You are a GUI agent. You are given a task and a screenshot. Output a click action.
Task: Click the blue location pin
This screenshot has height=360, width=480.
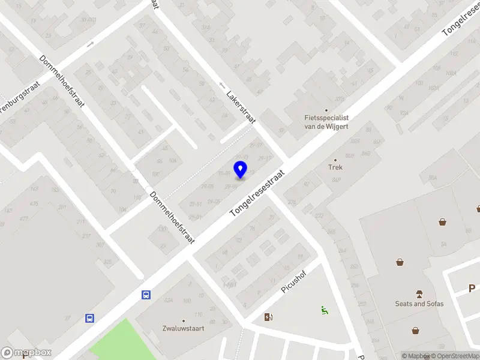pos(240,170)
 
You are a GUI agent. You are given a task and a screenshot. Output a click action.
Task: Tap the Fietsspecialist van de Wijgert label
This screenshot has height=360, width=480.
pos(326,122)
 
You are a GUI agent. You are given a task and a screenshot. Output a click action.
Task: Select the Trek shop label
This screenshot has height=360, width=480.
pos(335,168)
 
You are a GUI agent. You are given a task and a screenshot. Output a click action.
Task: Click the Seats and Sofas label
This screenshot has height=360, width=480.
pos(419,304)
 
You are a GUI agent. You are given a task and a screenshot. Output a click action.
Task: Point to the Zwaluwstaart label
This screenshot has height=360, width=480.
pos(184,328)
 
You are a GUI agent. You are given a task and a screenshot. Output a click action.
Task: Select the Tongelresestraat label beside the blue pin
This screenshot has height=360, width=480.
pos(258,193)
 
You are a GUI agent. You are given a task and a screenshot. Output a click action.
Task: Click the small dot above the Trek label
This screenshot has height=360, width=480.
pos(335,160)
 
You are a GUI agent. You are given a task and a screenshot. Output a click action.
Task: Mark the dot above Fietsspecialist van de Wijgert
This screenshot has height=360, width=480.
pos(326,110)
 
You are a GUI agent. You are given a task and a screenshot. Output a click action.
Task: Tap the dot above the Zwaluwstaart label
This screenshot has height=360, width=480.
pos(184,320)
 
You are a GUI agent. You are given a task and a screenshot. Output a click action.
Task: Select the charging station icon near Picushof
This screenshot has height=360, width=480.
pos(268,317)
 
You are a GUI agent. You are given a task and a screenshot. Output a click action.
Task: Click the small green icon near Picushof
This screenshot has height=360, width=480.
pos(324,310)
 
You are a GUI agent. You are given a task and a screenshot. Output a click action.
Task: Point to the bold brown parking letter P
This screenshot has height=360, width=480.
pos(472,289)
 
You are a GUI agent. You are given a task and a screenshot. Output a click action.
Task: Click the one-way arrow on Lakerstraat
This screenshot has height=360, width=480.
pos(222,86)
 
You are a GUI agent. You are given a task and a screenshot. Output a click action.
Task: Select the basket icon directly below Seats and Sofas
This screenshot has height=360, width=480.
pos(415,330)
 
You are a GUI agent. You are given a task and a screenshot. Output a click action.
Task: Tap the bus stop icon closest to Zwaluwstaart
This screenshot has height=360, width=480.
pos(146,295)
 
